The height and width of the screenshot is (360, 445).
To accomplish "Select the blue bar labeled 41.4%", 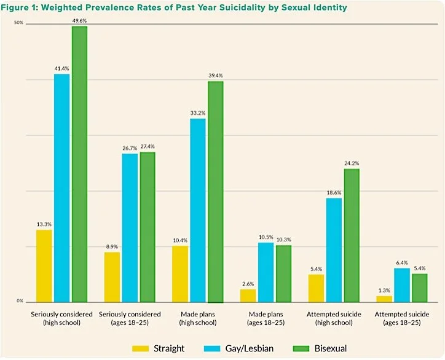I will [61, 188].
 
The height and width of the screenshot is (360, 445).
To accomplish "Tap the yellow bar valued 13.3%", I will [44, 265].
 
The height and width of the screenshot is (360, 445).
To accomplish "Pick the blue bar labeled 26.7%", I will [130, 228].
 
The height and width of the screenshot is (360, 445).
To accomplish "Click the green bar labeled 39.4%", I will [215, 192].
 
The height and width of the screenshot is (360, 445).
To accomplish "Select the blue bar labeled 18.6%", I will [334, 250].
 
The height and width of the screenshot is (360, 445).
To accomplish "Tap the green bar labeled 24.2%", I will [352, 235].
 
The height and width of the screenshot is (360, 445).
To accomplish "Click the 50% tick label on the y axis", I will [19, 23].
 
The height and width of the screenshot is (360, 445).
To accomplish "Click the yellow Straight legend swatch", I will [141, 348].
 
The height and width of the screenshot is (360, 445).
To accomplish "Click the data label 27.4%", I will [148, 146].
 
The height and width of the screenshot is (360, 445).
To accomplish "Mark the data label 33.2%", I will [197, 113].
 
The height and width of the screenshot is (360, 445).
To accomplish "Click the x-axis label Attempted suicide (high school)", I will [334, 318].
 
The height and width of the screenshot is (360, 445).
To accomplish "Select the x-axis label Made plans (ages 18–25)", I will [266, 318].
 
